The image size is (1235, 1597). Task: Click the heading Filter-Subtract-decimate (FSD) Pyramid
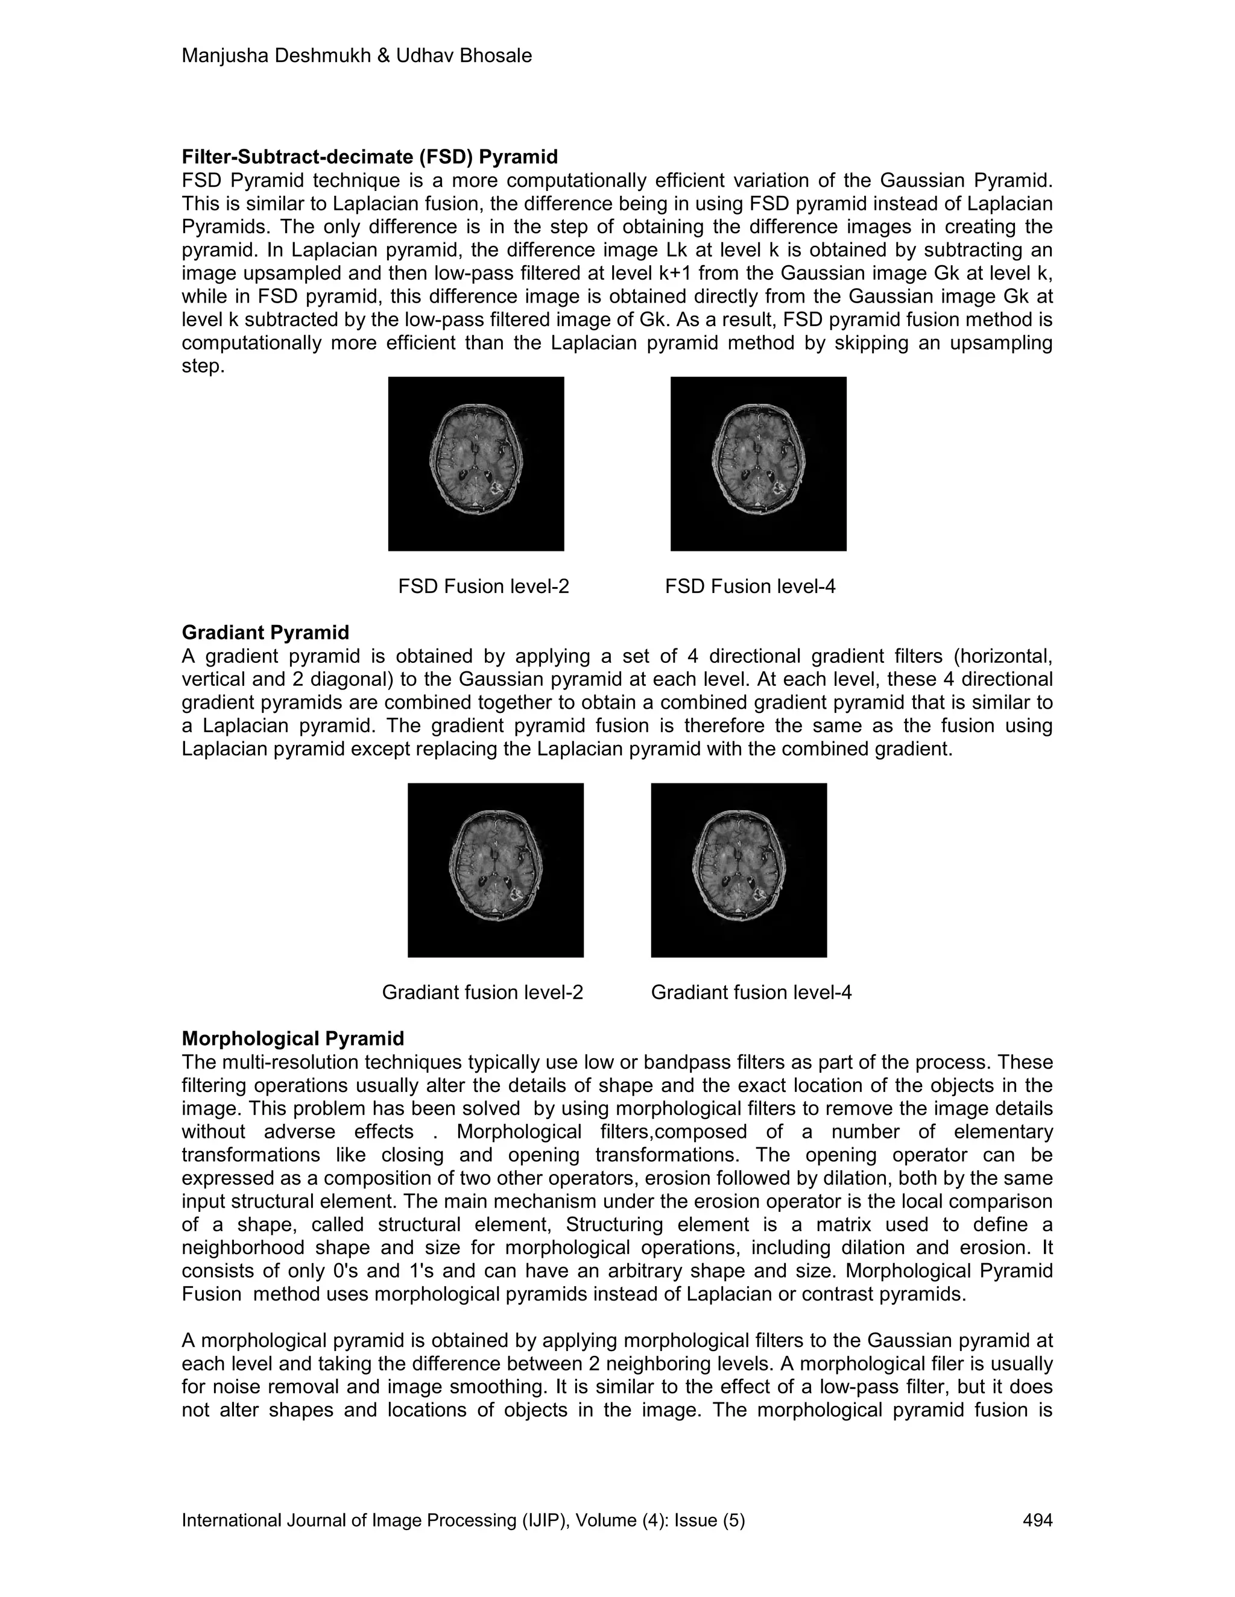pos(370,157)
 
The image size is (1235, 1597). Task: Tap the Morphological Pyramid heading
pos(292,1038)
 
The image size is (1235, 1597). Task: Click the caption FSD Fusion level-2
pos(483,586)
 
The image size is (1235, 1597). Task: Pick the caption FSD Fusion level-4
pos(750,586)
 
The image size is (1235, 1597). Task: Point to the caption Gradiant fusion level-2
pos(482,993)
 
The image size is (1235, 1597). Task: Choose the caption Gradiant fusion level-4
pos(751,993)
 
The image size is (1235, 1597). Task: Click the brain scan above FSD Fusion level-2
pos(476,463)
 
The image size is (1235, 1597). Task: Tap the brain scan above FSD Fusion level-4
pos(758,463)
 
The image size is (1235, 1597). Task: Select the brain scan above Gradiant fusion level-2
pos(495,870)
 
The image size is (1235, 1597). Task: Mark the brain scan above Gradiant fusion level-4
pos(738,870)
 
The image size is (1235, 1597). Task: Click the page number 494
pos(1037,1521)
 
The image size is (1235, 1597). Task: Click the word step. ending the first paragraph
pos(203,366)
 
